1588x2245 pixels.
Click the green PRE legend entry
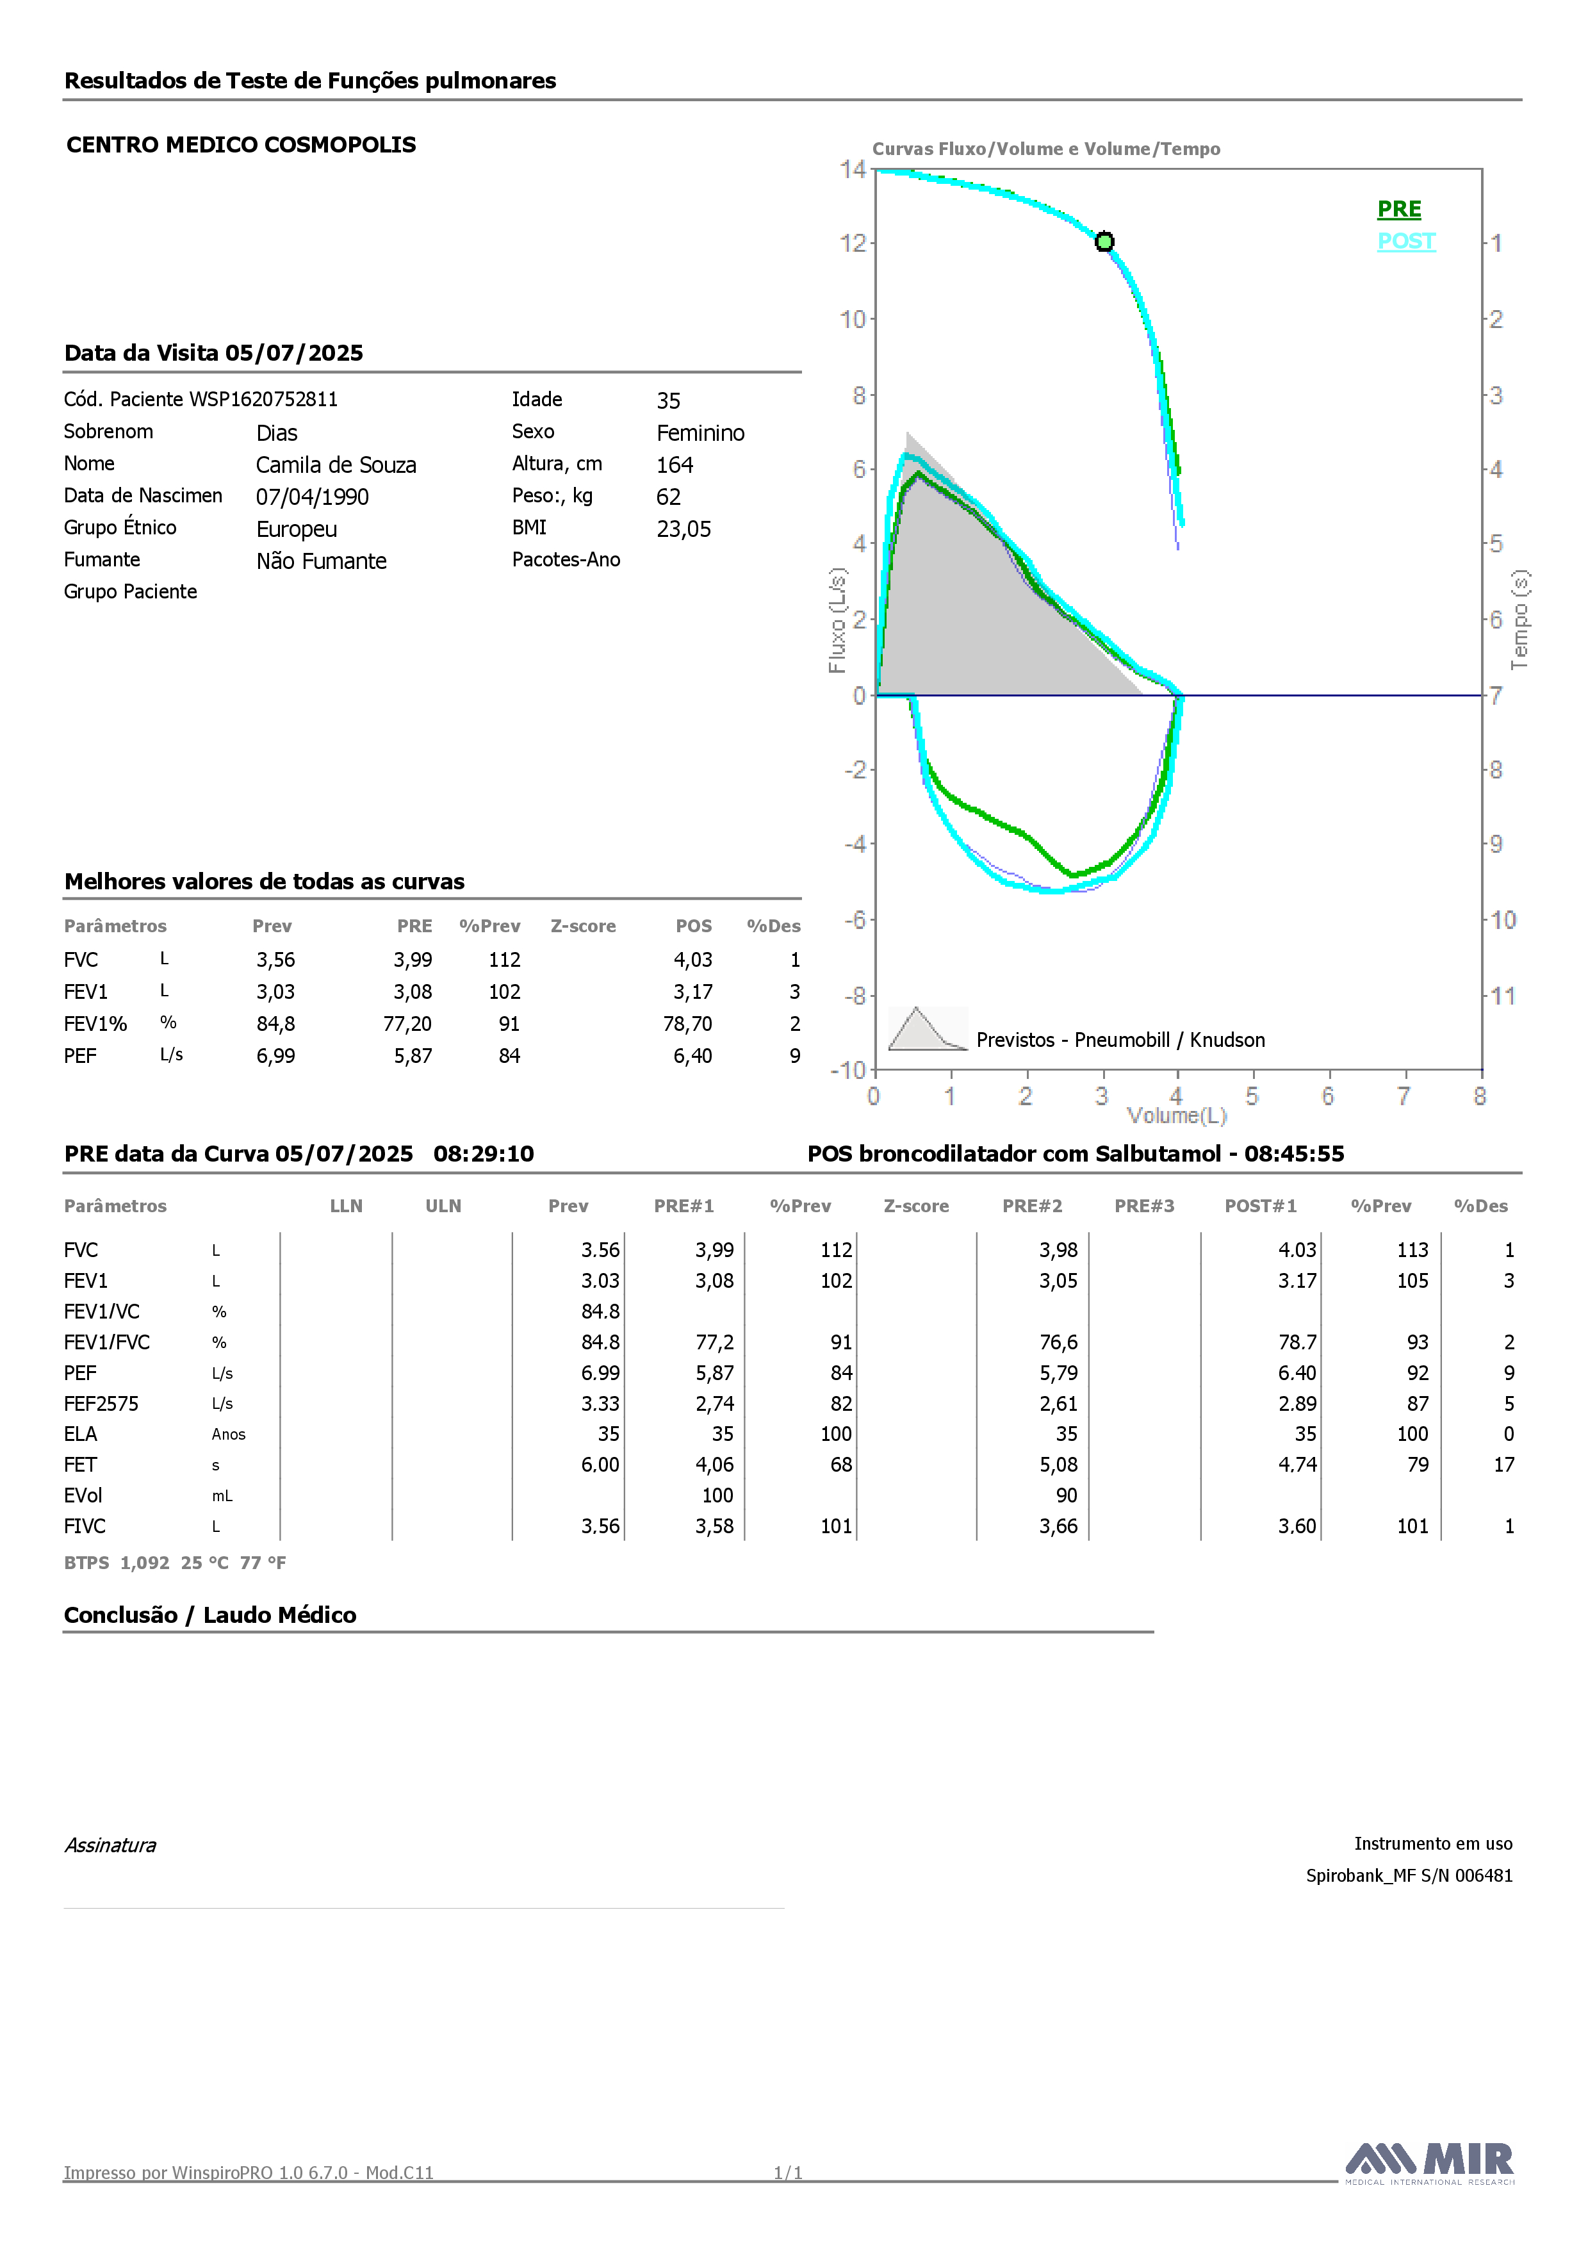tap(1398, 210)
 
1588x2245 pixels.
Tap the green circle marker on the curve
tap(1104, 242)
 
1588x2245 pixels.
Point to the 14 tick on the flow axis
tap(853, 169)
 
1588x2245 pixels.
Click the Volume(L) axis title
tap(1176, 1115)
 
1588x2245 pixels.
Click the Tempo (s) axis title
tap(1519, 620)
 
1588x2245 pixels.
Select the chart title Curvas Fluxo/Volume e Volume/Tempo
tap(1045, 149)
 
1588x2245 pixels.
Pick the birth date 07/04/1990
tap(312, 497)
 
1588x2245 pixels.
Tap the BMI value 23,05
tap(683, 529)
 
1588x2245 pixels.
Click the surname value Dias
tap(277, 433)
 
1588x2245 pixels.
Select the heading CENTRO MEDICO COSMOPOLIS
tap(241, 145)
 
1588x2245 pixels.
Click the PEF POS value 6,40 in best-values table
tap(692, 1056)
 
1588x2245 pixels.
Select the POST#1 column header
tap(1261, 1206)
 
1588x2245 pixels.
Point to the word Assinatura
tap(110, 1845)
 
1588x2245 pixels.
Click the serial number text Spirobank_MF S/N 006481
tap(1409, 1875)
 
